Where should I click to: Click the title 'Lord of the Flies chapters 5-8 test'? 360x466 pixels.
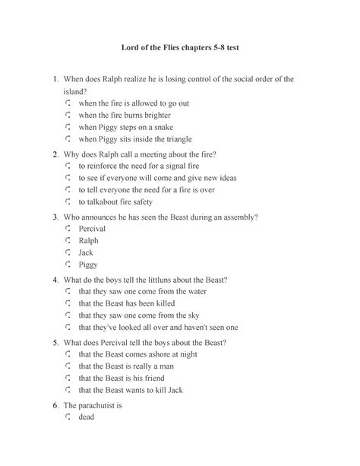(180, 48)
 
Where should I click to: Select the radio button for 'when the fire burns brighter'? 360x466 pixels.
(68, 115)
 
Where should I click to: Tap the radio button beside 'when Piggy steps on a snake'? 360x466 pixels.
(68, 127)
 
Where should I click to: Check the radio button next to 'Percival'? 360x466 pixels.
(68, 227)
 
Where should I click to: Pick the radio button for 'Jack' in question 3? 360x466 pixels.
(68, 252)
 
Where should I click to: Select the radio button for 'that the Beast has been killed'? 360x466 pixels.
(68, 303)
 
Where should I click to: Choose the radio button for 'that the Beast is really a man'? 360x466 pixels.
(68, 366)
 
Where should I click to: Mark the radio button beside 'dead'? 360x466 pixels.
(68, 417)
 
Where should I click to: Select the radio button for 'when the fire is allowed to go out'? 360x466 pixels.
(68, 103)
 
